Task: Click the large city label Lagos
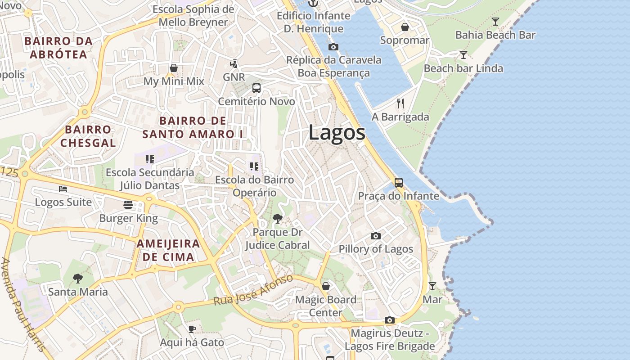(337, 133)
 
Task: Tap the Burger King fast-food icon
(128, 205)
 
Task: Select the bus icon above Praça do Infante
(399, 182)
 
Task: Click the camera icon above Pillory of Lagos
(375, 236)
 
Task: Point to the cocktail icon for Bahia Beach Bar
(495, 21)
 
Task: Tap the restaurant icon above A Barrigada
(400, 103)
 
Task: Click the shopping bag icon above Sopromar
(405, 27)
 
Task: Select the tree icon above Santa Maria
(78, 279)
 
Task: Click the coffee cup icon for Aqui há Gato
(192, 329)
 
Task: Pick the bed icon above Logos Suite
(63, 189)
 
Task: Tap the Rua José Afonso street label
(253, 290)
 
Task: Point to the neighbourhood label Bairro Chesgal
(88, 136)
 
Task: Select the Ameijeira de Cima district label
(168, 250)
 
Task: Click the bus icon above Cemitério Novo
(256, 88)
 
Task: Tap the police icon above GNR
(234, 63)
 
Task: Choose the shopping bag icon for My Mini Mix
(174, 68)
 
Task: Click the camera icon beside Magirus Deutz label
(390, 320)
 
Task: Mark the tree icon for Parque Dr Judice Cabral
(278, 219)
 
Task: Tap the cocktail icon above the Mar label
(432, 286)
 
